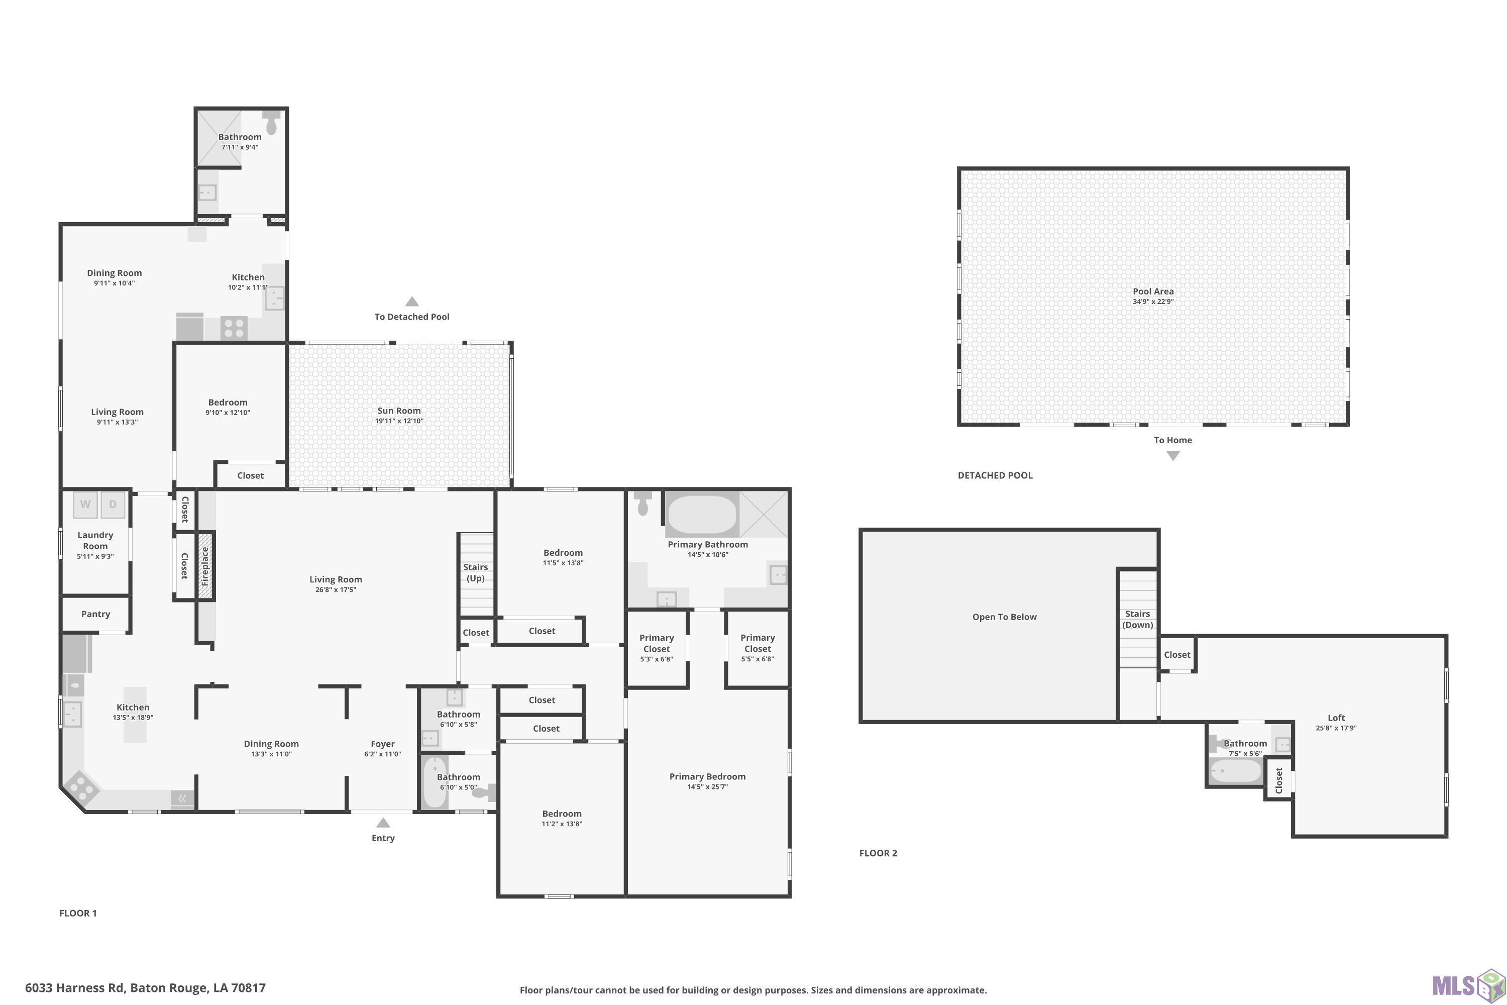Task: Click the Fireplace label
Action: (x=205, y=566)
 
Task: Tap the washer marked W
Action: (x=85, y=505)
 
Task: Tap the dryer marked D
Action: (x=113, y=505)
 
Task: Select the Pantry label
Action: (x=95, y=614)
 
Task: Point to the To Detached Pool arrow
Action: (x=412, y=301)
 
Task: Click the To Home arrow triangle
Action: (x=1172, y=456)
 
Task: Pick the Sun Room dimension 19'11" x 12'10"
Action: (x=399, y=421)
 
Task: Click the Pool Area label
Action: (x=1153, y=291)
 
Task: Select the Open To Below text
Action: (x=1004, y=617)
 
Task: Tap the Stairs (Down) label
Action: (x=1137, y=619)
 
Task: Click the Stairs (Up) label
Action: (x=475, y=572)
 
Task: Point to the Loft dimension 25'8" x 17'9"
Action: (x=1336, y=728)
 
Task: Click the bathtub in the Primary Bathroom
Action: (x=702, y=515)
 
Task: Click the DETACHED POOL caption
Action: (x=995, y=475)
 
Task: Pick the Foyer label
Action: (x=382, y=744)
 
